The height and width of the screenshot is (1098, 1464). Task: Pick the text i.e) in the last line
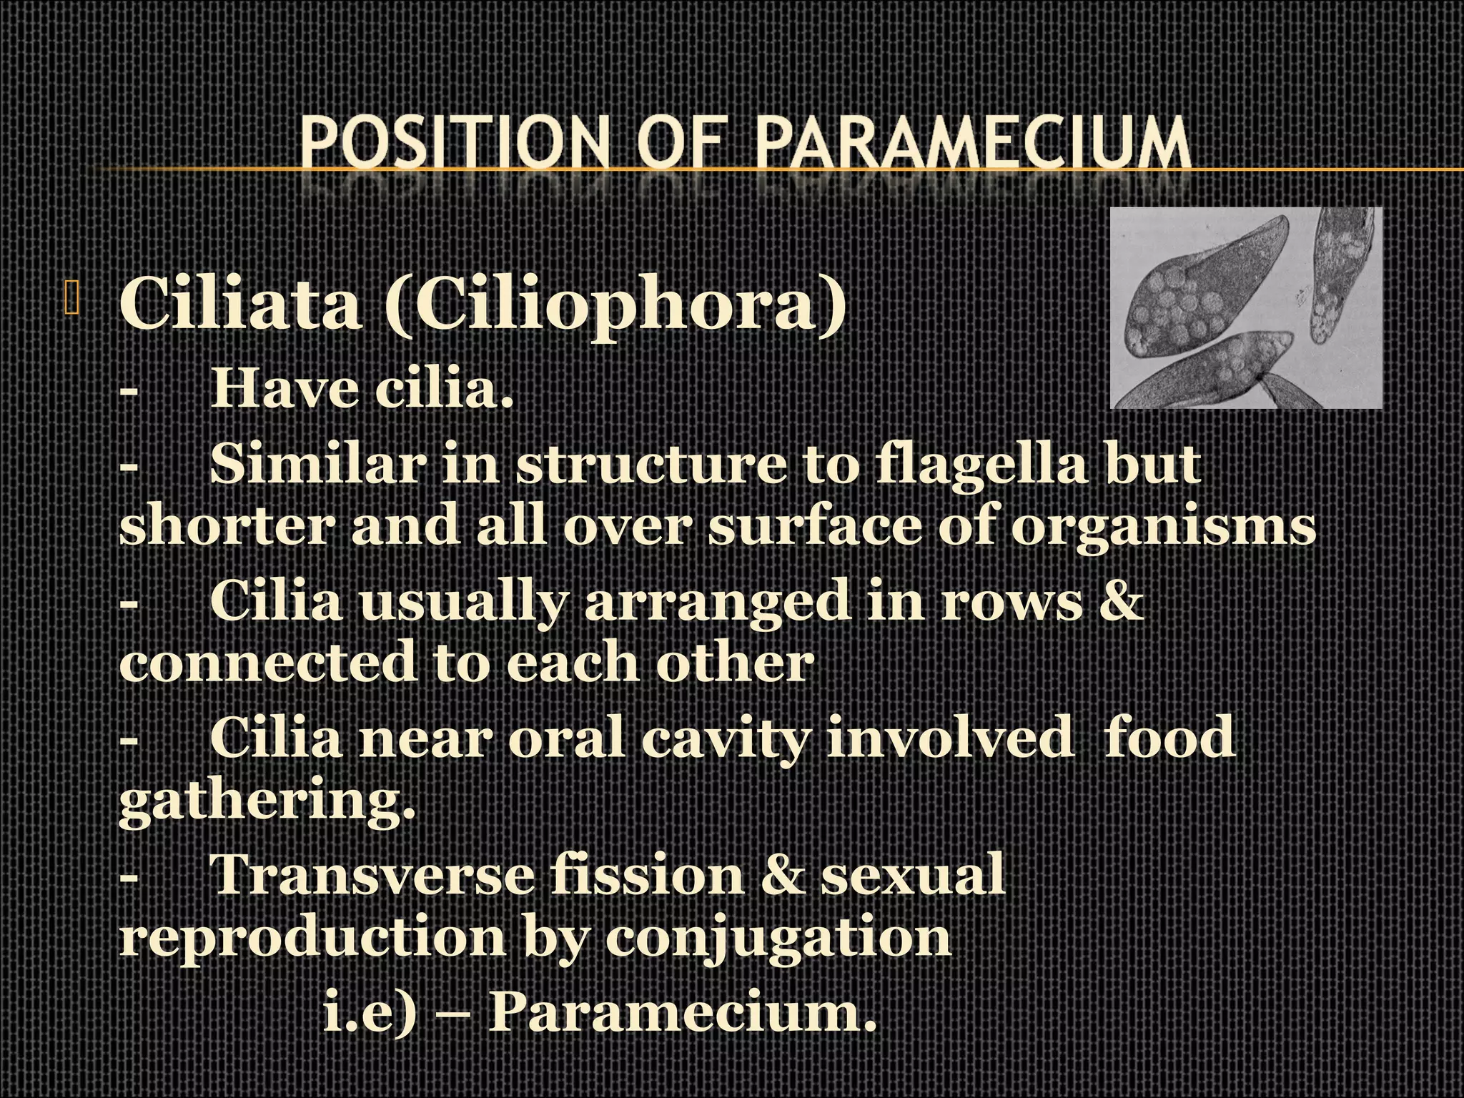[369, 1011]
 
